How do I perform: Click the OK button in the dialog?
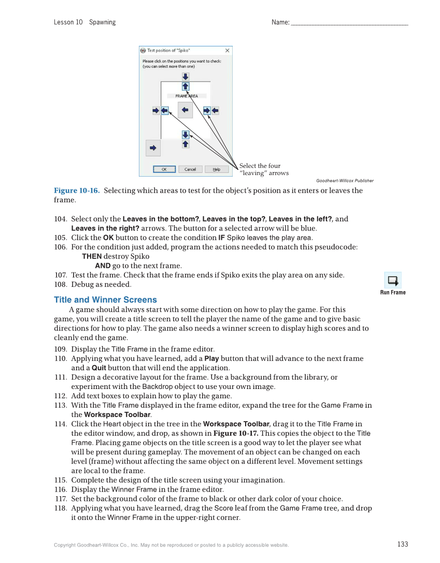pos(164,169)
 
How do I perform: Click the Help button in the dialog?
pos(217,169)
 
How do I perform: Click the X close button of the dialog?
pos(227,51)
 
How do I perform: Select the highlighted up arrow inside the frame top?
pos(186,86)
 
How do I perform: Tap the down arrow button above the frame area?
pos(186,77)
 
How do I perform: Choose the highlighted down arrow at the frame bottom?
pos(186,135)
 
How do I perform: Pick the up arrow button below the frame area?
pos(186,145)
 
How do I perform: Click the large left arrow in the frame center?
pos(185,110)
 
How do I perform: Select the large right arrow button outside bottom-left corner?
pos(153,148)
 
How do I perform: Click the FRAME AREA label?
pos(187,96)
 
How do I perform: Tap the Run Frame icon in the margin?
pos(393,281)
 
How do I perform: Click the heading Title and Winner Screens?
pos(105,300)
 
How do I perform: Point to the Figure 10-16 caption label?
pos(76,191)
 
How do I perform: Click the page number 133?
pos(403,544)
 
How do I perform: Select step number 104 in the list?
pos(60,219)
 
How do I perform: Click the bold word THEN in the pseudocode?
pos(92,256)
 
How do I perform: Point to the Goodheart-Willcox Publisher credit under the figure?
pos(345,181)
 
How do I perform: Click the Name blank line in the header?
pos(349,22)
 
